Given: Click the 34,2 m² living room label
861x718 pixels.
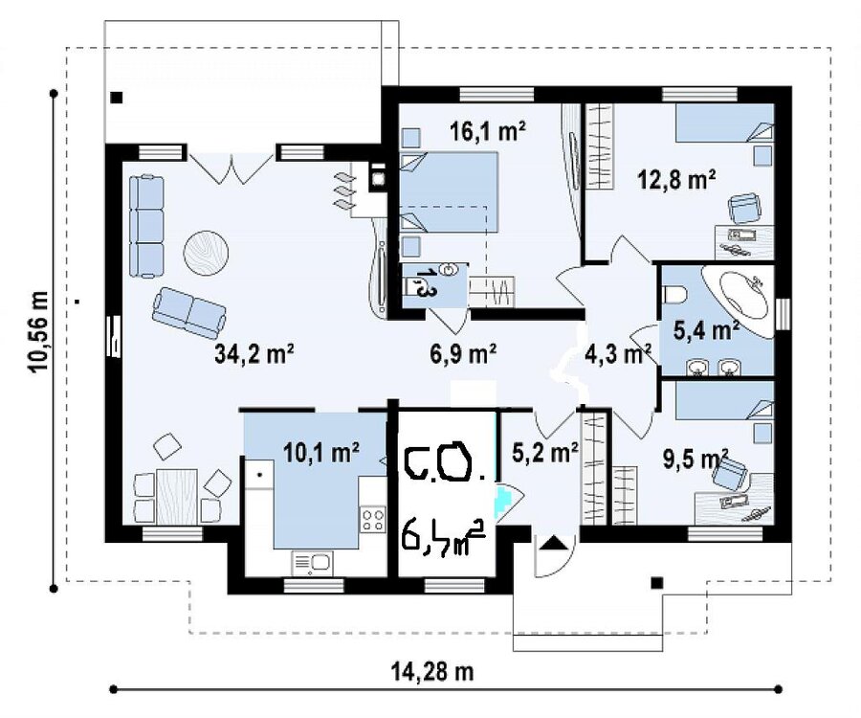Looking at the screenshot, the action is pyautogui.click(x=254, y=354).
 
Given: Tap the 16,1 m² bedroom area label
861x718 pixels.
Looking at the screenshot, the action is pyautogui.click(x=488, y=131).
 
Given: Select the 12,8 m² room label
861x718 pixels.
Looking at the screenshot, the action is pyautogui.click(x=677, y=180).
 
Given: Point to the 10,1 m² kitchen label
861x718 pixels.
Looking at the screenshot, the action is pyautogui.click(x=321, y=453).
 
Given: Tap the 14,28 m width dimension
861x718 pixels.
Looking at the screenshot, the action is pyautogui.click(x=432, y=671).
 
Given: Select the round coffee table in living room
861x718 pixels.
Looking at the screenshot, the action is pyautogui.click(x=206, y=252).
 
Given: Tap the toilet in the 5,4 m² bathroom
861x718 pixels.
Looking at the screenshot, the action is pyautogui.click(x=673, y=295).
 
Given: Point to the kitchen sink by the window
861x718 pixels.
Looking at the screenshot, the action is pyautogui.click(x=312, y=563).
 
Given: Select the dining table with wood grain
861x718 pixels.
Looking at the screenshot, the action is pyautogui.click(x=177, y=496).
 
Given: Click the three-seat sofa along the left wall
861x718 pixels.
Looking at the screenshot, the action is pyautogui.click(x=146, y=225).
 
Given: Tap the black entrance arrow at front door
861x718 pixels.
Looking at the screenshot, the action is pyautogui.click(x=554, y=544).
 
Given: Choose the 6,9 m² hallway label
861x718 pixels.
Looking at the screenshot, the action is pyautogui.click(x=463, y=354).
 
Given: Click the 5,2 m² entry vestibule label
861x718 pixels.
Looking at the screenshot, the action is pyautogui.click(x=544, y=452).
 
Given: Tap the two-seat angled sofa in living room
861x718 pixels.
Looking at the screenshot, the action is pyautogui.click(x=188, y=312).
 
